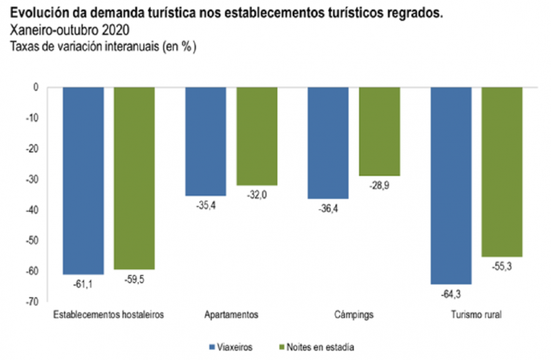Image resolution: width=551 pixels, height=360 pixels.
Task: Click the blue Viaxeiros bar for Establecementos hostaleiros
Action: coord(83,181)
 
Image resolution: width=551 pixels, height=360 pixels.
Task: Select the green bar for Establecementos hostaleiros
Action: coord(134,178)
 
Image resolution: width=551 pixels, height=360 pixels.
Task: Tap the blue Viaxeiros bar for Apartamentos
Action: coord(206,141)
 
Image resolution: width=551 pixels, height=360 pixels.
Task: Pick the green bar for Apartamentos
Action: coord(257,137)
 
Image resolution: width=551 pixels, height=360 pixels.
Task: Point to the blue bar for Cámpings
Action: coord(328,143)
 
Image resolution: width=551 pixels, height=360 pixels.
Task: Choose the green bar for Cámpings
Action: coord(379,132)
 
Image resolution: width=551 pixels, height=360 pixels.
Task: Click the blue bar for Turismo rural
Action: coord(451,186)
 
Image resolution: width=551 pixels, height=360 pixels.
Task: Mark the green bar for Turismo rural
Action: coord(501,172)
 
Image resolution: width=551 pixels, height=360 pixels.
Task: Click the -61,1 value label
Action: coord(83,283)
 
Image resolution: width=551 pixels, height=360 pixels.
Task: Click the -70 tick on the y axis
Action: coord(32,302)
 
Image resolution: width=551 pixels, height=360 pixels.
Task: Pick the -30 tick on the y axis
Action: coord(32,179)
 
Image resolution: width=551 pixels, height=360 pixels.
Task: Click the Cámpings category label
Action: coord(353,315)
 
